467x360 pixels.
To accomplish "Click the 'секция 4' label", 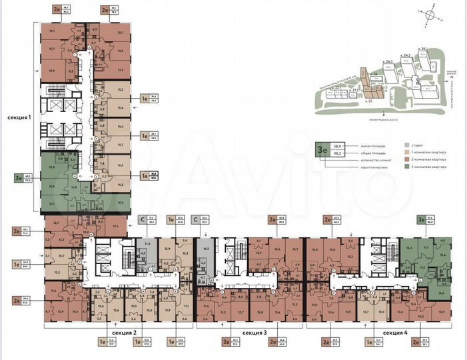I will [x=396, y=331].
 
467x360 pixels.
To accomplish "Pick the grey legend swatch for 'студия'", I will [x=406, y=144].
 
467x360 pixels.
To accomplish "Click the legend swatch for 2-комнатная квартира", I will [x=406, y=161].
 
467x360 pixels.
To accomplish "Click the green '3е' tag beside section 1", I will [x=18, y=178].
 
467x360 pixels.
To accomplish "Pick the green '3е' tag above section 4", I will [x=420, y=219].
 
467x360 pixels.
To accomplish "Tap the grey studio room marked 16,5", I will [x=206, y=247].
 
